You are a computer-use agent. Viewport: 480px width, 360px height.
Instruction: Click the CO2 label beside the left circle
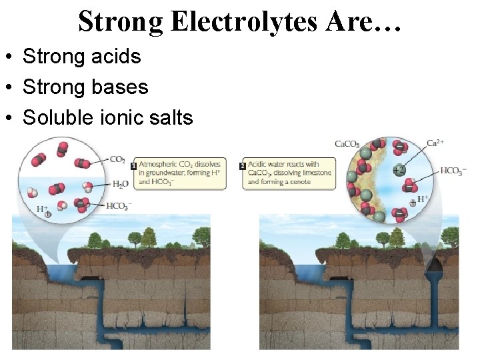pyautogui.click(x=117, y=160)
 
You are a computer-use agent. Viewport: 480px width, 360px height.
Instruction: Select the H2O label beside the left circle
pyautogui.click(x=120, y=184)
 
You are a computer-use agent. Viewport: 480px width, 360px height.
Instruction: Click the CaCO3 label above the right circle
pyautogui.click(x=347, y=144)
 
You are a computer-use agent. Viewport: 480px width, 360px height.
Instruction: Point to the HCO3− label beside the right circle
pyautogui.click(x=453, y=171)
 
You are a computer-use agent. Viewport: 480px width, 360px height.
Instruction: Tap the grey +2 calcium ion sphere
pyautogui.click(x=399, y=169)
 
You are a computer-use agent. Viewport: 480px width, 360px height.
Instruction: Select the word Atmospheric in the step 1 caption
pyautogui.click(x=160, y=164)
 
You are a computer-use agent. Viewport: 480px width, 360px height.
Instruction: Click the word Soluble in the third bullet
pyautogui.click(x=51, y=118)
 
